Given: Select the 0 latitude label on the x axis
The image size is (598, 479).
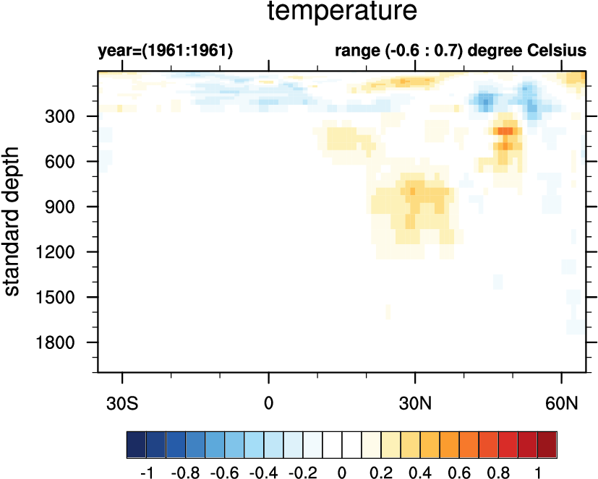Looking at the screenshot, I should (x=269, y=401).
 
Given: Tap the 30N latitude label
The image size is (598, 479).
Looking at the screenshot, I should (x=415, y=401).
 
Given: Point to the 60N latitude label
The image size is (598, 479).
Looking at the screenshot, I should (x=562, y=401).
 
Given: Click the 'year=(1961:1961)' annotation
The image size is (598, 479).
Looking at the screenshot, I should (x=165, y=51).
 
